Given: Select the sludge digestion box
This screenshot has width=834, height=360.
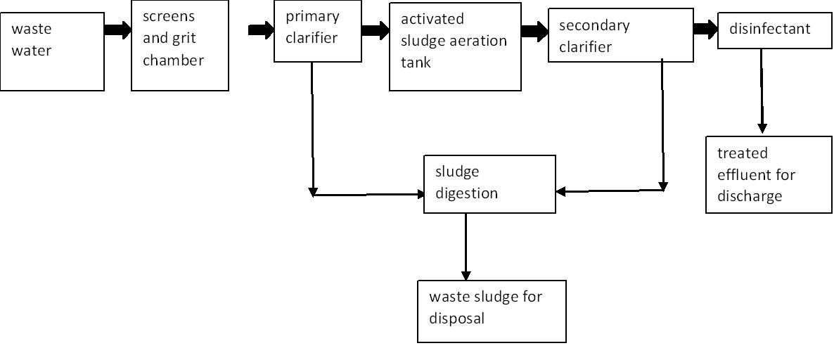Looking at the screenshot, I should (489, 184).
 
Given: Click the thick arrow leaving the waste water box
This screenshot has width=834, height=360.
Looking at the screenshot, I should (118, 30).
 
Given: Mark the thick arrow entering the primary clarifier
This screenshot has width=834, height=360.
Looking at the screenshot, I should (262, 30).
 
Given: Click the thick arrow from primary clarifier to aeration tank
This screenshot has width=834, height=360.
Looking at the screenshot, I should (376, 30).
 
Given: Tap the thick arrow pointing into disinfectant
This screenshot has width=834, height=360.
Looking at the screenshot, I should (705, 28).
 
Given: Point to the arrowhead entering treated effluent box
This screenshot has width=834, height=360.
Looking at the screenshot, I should (762, 129).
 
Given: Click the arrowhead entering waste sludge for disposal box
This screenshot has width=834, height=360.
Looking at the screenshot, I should (466, 275).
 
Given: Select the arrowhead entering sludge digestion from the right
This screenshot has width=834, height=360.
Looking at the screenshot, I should (560, 191).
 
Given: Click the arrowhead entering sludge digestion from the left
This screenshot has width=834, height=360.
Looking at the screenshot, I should (419, 194).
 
